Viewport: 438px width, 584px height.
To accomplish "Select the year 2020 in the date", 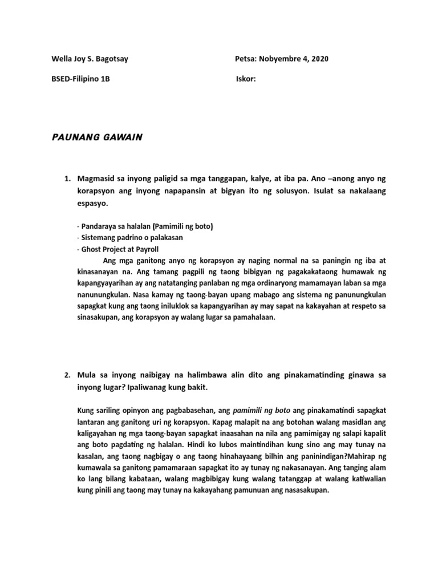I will click(319, 59).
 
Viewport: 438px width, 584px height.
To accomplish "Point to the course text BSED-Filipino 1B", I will click(81, 79).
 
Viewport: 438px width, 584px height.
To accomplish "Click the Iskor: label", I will click(246, 79).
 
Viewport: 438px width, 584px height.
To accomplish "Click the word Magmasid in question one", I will click(98, 179).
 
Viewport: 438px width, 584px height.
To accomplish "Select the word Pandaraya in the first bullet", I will click(100, 226).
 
